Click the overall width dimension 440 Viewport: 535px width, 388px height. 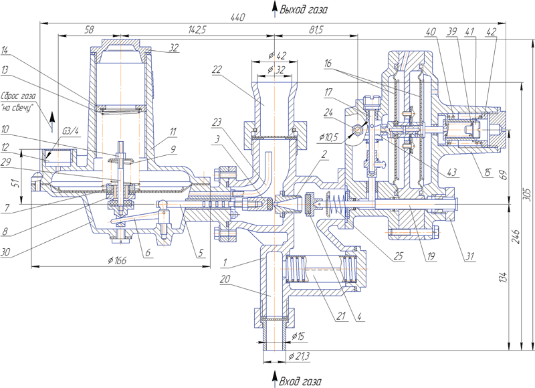(238, 17)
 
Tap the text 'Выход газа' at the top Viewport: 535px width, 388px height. (304, 9)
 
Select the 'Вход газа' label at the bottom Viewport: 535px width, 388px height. (300, 381)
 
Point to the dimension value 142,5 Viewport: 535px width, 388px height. (197, 29)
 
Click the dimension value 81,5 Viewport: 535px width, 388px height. (316, 29)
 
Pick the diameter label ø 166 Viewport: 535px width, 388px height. (117, 260)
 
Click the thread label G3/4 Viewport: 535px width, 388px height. (70, 131)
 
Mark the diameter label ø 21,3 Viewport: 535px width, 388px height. (299, 357)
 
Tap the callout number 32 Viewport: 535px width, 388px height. (174, 47)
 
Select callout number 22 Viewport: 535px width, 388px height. (217, 70)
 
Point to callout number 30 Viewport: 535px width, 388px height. (5, 252)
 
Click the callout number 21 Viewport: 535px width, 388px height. (340, 316)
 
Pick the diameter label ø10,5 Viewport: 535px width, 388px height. (328, 138)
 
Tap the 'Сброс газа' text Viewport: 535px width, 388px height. (19, 96)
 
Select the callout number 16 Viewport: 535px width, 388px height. (328, 63)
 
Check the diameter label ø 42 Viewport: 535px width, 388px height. (277, 56)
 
